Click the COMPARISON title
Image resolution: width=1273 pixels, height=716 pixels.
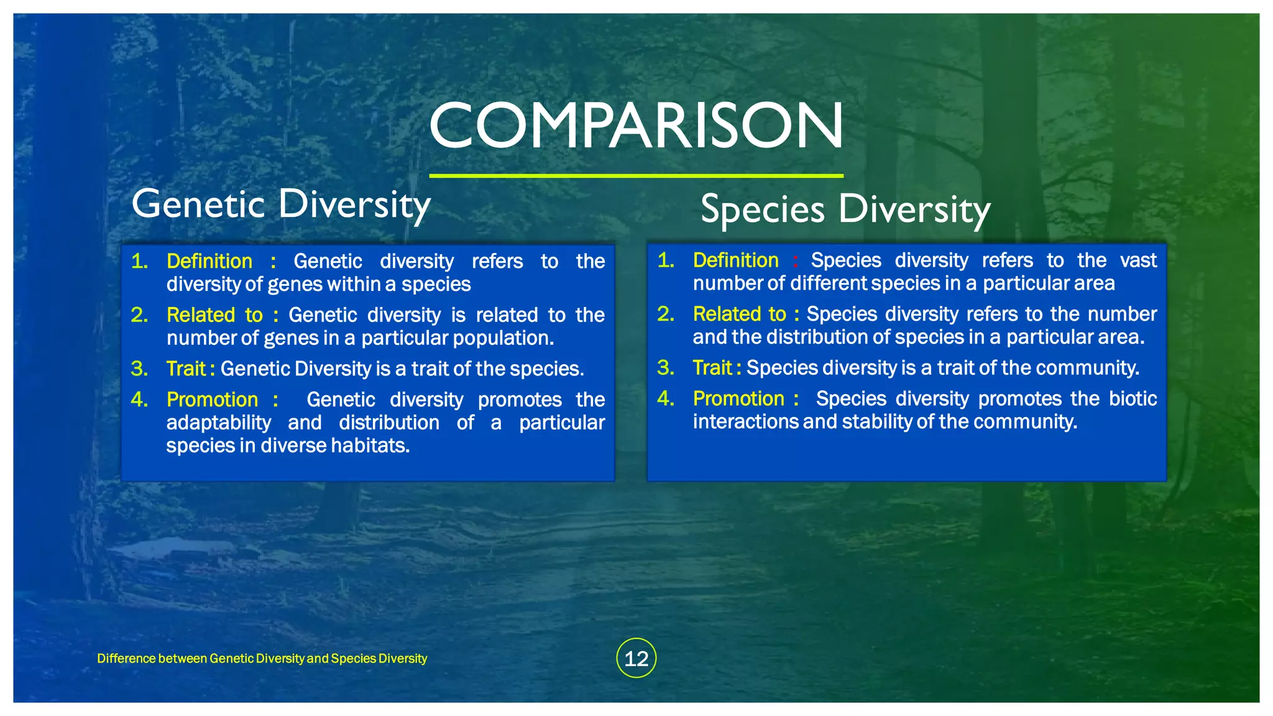(636, 126)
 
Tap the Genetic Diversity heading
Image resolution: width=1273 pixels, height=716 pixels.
(281, 204)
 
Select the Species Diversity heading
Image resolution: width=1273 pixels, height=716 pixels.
(845, 209)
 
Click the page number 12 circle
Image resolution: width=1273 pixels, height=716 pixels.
(636, 658)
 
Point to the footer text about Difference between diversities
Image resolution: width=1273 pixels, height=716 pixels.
(262, 658)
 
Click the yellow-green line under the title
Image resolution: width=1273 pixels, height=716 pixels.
(636, 176)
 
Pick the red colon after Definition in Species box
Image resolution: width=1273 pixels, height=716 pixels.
(795, 261)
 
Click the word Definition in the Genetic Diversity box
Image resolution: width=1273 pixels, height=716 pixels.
(209, 261)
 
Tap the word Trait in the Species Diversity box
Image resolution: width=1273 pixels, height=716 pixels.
(712, 368)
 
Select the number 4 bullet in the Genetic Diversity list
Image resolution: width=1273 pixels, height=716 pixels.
(139, 400)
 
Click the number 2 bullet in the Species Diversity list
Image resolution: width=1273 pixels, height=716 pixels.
(666, 314)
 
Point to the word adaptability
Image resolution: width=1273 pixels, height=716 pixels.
(218, 423)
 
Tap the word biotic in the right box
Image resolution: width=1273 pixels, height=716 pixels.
(1133, 398)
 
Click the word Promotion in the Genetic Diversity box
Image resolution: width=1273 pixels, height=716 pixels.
(212, 400)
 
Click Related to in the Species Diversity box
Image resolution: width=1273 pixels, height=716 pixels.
(739, 314)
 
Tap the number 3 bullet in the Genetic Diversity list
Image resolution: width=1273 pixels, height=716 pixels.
(139, 369)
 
